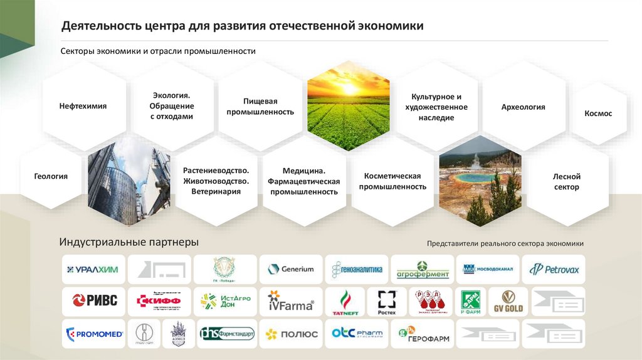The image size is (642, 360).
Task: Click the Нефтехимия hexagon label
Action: coord(83,106)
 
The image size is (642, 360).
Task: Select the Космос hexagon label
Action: coord(597,114)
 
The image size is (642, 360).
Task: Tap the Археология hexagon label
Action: coord(523,107)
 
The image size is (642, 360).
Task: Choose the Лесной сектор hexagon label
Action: coord(566,182)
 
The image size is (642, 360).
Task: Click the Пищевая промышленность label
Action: coord(269,106)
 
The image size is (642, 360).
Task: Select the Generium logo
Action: coord(291,269)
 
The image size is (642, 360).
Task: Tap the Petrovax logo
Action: coord(554,270)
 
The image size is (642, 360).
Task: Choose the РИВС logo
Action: coord(94,300)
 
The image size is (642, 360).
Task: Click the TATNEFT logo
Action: coord(344,302)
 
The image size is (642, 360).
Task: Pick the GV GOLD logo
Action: coord(507,302)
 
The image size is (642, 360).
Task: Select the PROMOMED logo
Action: coord(94,334)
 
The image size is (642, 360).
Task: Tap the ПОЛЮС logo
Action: coord(291,334)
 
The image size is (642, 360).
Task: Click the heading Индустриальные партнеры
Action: coord(129,242)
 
